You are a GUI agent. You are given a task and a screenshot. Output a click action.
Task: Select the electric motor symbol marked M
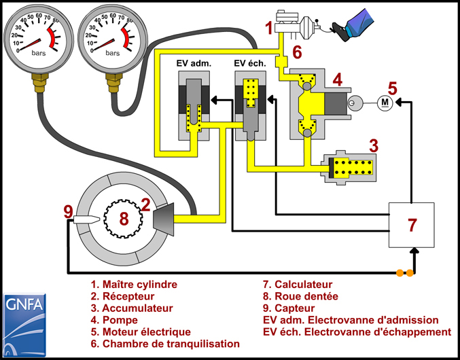pos(385,102)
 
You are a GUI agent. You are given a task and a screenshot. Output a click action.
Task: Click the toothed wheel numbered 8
pos(123,218)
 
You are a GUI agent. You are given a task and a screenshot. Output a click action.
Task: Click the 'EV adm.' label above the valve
pos(194,63)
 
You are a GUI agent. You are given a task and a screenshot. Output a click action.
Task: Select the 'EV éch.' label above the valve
pos(251,63)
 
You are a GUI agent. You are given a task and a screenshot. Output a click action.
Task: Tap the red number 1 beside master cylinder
pos(269,29)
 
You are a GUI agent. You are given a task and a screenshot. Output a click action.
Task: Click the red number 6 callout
pos(297,52)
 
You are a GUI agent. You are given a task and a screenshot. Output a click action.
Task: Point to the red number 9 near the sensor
pos(68,212)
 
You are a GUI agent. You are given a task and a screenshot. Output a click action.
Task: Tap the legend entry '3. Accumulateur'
pos(130,308)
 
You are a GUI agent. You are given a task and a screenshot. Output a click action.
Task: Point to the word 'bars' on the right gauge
pos(113,53)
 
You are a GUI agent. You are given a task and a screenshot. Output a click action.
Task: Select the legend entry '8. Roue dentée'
pos(300,296)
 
